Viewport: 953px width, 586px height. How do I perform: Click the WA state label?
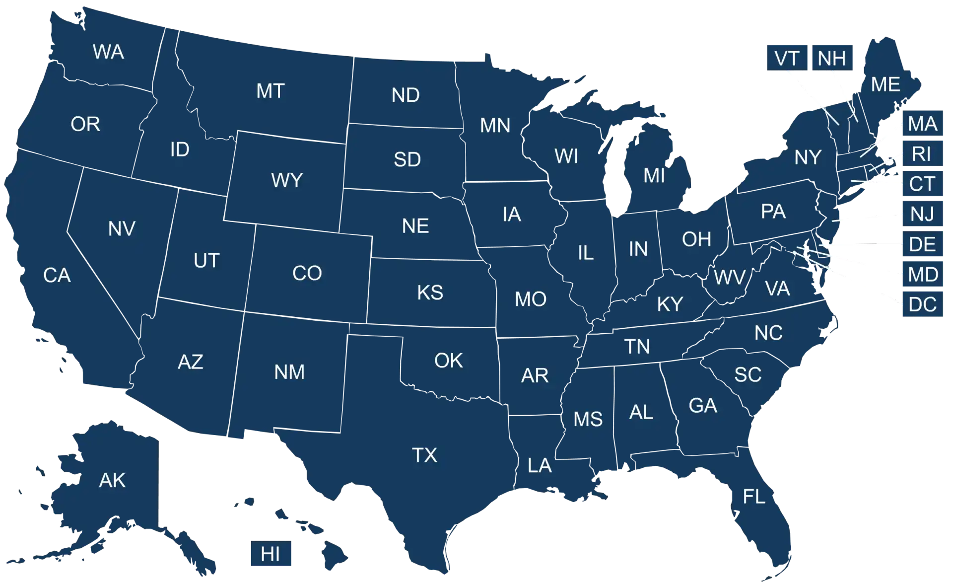click(x=108, y=52)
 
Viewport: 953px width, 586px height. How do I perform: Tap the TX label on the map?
click(x=424, y=455)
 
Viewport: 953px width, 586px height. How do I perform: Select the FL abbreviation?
click(x=753, y=497)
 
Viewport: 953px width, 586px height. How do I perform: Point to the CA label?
click(x=57, y=276)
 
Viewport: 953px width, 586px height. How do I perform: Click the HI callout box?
click(x=271, y=554)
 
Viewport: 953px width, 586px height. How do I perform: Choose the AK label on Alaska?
click(x=112, y=481)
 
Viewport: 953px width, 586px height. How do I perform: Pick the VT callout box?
click(x=787, y=59)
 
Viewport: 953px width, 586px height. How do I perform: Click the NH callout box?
click(x=832, y=59)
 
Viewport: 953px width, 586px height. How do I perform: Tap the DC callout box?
click(x=923, y=304)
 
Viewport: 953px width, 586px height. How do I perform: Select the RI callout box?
click(x=922, y=154)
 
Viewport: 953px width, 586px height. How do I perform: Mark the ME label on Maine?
click(x=885, y=85)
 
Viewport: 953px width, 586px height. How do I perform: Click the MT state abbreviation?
click(x=271, y=91)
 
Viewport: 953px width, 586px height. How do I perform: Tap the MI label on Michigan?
click(x=654, y=176)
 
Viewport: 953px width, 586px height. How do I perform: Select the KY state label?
click(x=670, y=304)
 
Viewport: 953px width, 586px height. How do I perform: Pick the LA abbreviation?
click(x=540, y=466)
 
